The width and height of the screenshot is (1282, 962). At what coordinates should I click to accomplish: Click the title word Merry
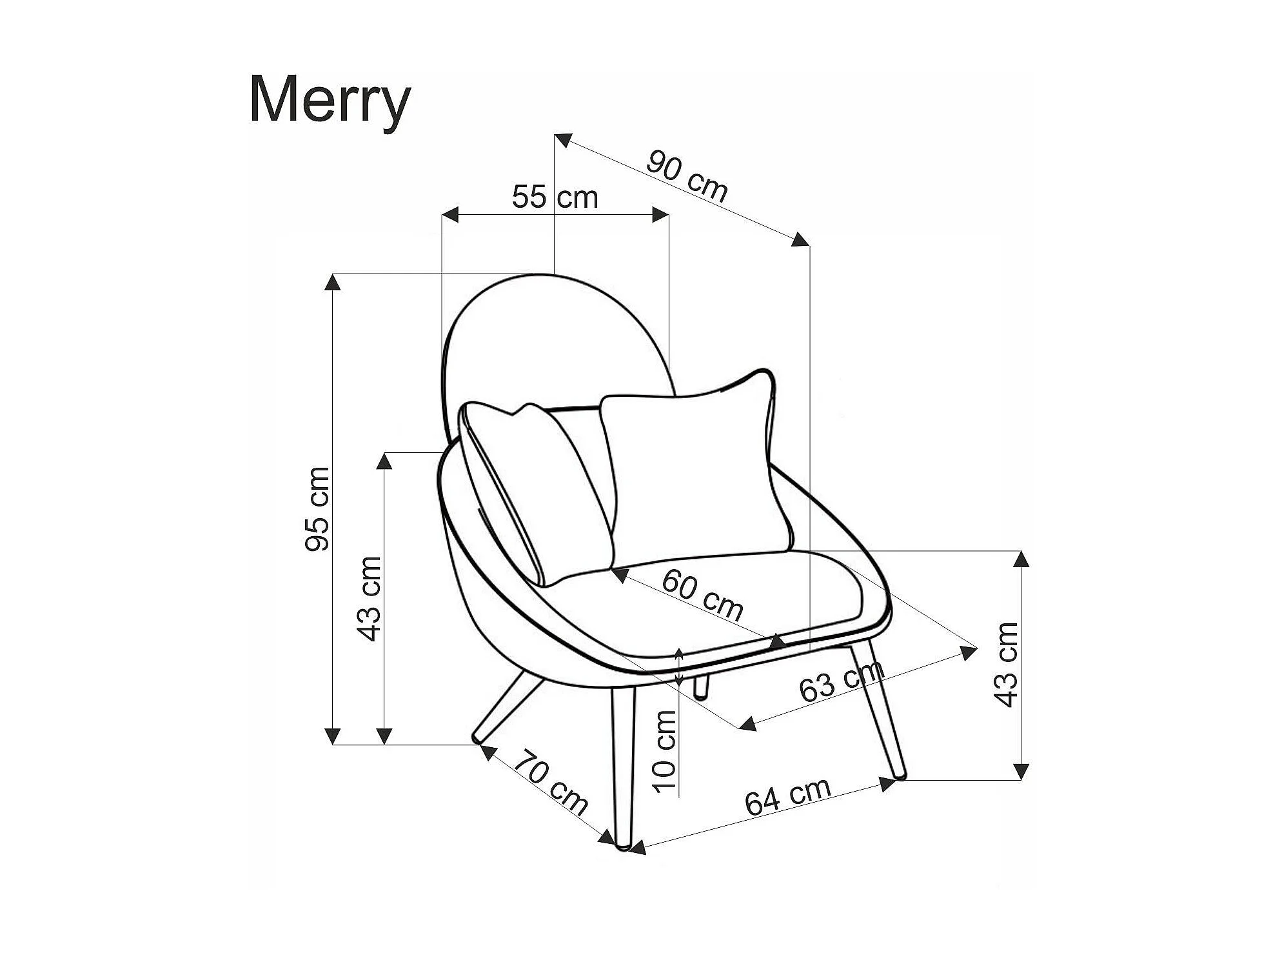330,101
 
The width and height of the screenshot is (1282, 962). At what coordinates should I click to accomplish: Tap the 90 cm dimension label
687,177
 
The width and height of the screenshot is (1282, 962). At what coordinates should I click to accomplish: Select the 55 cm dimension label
555,197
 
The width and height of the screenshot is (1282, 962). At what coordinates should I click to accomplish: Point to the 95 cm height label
317,509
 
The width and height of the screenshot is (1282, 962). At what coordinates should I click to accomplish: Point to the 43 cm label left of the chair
370,599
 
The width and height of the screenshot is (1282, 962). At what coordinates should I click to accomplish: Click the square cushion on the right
693,471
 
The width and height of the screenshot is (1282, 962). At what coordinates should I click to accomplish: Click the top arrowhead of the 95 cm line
333,282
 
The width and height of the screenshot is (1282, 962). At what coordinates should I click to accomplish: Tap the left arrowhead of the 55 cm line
449,215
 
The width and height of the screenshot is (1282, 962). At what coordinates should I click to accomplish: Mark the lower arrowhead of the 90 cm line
800,239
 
